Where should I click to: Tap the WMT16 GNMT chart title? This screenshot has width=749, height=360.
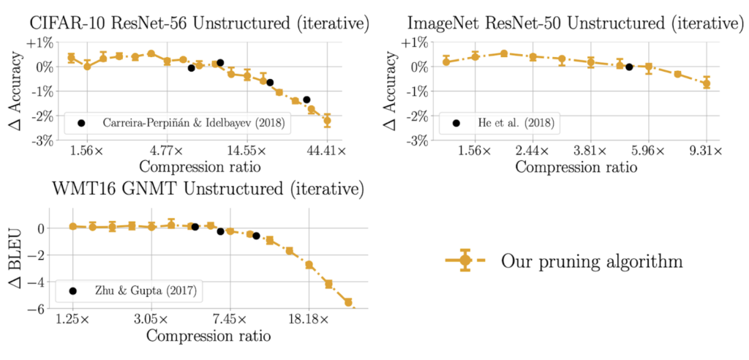click(x=208, y=190)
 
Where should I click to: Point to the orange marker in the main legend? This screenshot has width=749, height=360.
click(x=464, y=260)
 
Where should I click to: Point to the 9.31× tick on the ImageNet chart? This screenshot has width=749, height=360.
click(x=706, y=151)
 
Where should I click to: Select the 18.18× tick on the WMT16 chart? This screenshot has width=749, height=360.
click(x=309, y=320)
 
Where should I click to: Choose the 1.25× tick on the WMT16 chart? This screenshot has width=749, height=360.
click(x=73, y=320)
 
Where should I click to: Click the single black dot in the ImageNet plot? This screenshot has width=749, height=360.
click(x=629, y=67)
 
